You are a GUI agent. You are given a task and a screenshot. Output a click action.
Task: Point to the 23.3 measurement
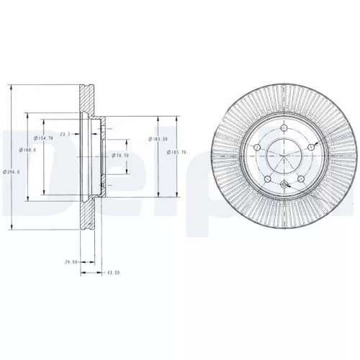click(x=66, y=135)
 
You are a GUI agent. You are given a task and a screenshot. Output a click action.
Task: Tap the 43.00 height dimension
click(x=112, y=273)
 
